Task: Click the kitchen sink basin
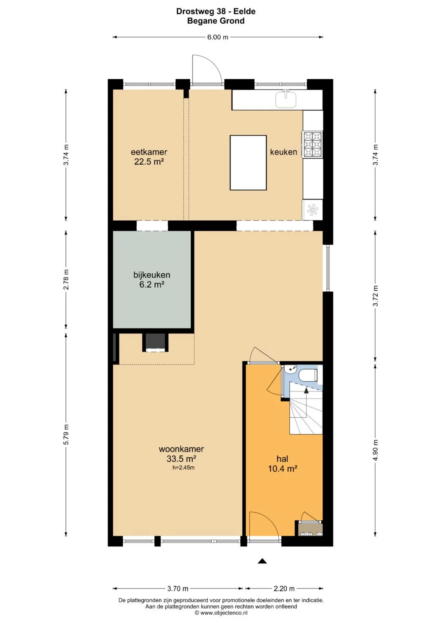(286, 99)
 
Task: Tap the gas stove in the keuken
(313, 144)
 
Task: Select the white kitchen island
(248, 163)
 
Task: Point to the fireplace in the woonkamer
(155, 342)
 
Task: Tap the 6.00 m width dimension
(218, 37)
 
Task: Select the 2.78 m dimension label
(66, 280)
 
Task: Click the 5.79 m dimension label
(66, 434)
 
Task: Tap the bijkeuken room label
(152, 275)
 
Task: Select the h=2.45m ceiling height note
(183, 468)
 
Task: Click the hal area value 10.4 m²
(283, 469)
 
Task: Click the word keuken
(283, 152)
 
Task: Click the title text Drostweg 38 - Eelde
(216, 11)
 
